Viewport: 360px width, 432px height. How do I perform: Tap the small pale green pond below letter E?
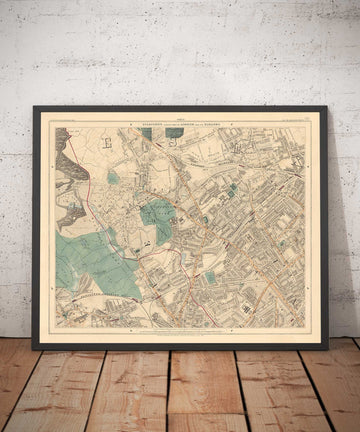(113, 177)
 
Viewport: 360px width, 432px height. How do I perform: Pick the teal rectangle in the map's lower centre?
(211, 276)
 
